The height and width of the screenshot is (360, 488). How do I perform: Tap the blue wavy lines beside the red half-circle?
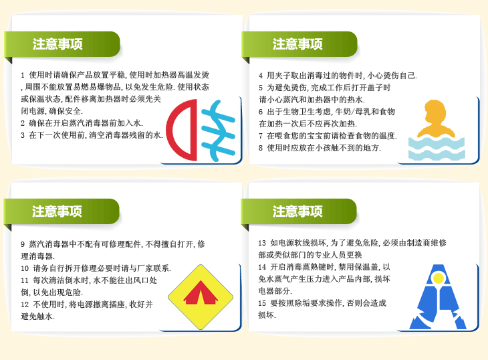click(x=219, y=130)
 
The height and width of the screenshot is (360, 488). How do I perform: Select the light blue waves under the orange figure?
click(x=437, y=149)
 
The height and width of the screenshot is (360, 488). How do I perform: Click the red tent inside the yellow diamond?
click(x=201, y=292)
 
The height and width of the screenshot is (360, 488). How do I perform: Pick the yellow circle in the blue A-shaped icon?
click(x=439, y=278)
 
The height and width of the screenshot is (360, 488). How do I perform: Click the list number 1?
click(x=23, y=76)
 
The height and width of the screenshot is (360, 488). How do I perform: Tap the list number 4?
click(x=261, y=76)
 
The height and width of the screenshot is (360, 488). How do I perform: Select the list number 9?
click(x=23, y=244)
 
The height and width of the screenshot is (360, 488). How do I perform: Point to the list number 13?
click(x=262, y=243)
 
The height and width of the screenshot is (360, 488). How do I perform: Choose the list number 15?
click(x=262, y=303)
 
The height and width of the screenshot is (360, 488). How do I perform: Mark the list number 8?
click(x=261, y=148)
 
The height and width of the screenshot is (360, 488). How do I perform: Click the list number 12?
click(x=25, y=304)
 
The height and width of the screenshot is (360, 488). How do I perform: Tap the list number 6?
click(x=261, y=112)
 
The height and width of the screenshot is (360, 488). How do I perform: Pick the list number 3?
click(x=23, y=135)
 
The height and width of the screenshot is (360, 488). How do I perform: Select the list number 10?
click(x=25, y=268)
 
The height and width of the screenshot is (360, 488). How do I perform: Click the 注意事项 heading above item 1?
click(x=57, y=44)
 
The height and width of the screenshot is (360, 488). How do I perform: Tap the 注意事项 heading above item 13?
click(x=297, y=211)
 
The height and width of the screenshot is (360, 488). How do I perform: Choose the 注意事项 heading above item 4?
click(x=297, y=44)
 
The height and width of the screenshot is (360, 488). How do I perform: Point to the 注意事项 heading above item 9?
click(x=57, y=211)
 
